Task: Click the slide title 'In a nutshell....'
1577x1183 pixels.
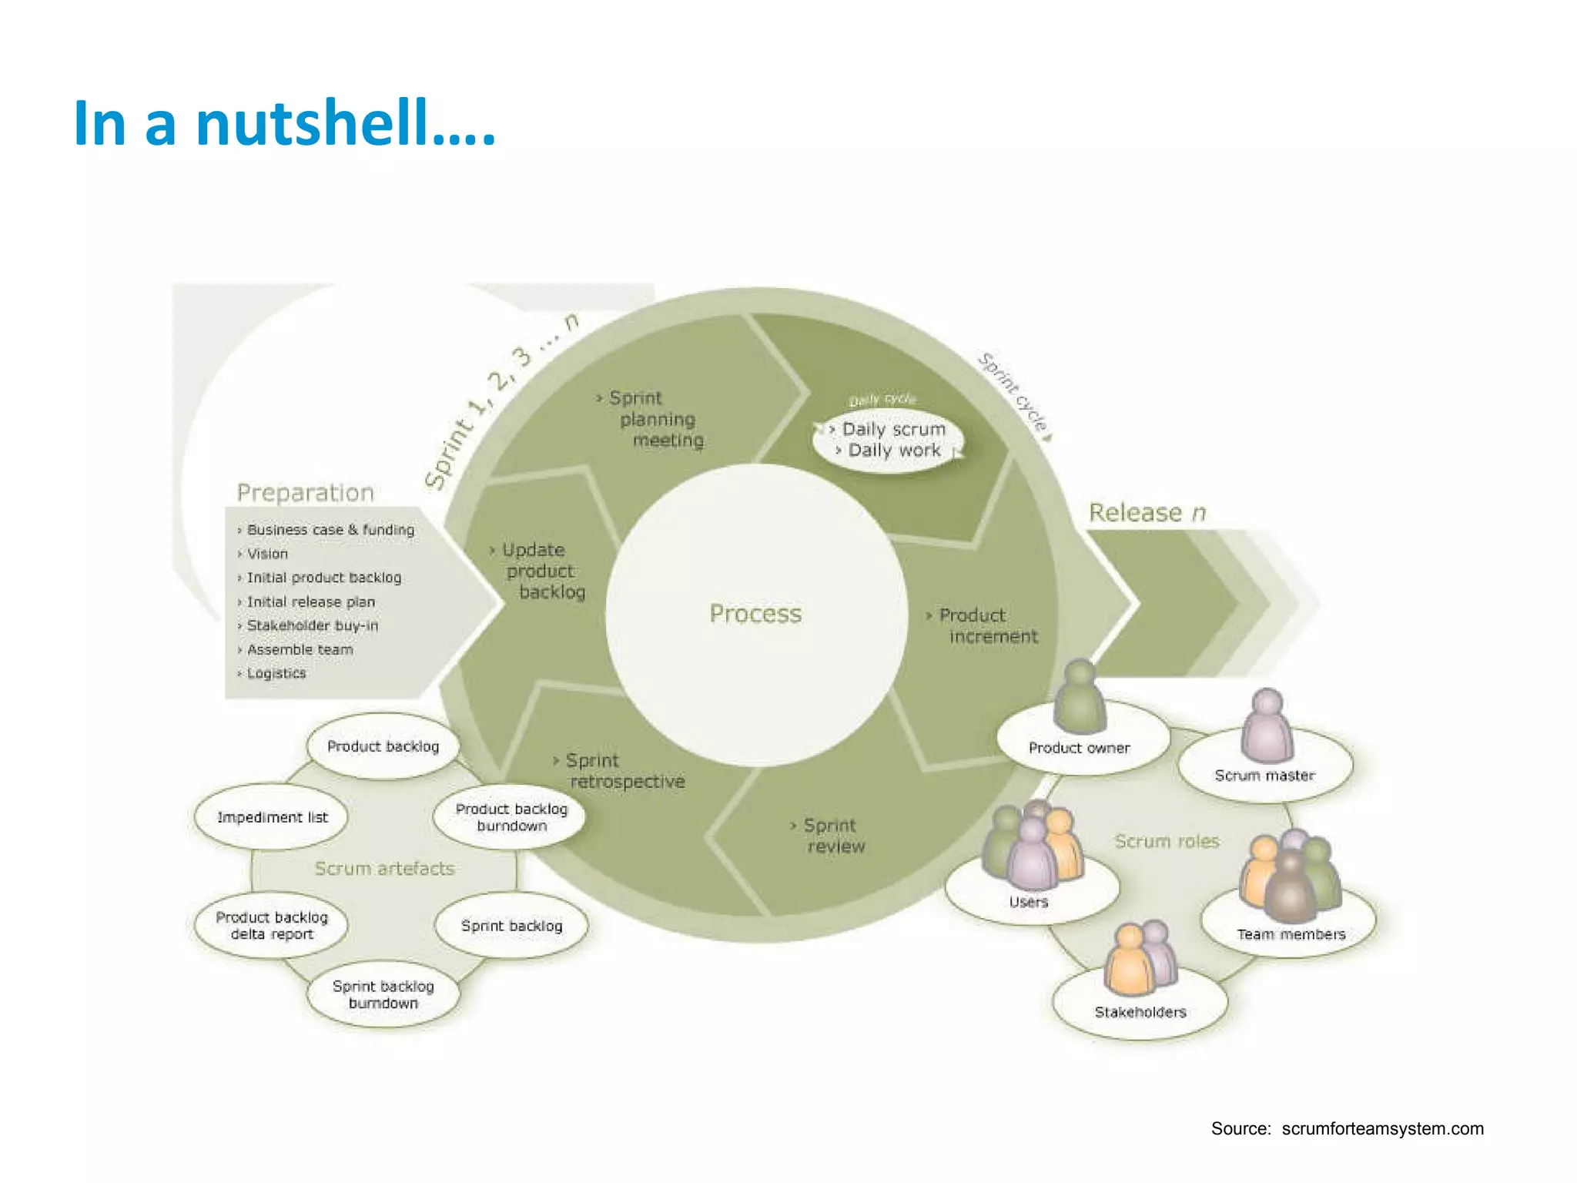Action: point(284,123)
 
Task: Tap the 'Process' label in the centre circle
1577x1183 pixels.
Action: point(755,614)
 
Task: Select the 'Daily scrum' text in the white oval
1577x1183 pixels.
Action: point(893,429)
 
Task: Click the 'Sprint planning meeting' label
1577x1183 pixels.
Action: point(658,419)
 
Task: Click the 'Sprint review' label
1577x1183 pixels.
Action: point(832,836)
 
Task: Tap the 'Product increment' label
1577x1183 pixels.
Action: point(986,625)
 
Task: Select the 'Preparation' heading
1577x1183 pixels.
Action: point(305,493)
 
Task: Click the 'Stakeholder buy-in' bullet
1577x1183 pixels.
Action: point(312,625)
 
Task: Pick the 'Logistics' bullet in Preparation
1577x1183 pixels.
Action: point(276,673)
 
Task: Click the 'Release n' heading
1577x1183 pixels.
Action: point(1147,512)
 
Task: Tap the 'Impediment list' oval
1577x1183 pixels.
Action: point(272,817)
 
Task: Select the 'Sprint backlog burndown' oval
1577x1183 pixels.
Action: point(383,994)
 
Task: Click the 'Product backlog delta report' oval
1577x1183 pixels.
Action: point(271,925)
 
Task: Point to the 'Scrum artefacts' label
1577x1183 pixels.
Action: point(384,868)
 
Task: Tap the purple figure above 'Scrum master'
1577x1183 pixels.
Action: point(1267,724)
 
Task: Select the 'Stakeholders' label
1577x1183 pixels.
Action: point(1140,1012)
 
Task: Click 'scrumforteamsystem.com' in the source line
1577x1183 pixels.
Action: point(1382,1128)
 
